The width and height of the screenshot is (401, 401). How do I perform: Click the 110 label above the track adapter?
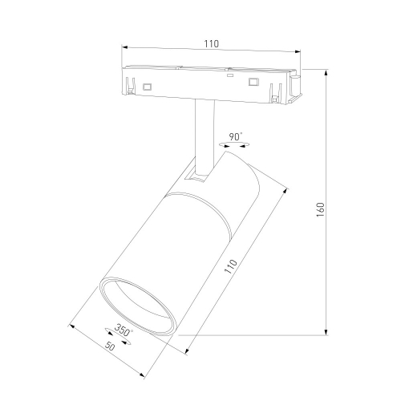pos(212,43)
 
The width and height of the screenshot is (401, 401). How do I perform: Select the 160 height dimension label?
pos(320,209)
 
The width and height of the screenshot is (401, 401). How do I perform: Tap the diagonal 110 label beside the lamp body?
pos(231,266)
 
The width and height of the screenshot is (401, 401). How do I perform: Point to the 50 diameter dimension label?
pos(110,346)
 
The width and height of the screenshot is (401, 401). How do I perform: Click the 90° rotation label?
pos(235,136)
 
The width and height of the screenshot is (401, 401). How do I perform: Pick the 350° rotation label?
pos(124,330)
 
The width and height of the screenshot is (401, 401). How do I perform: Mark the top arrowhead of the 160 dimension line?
pos(326,73)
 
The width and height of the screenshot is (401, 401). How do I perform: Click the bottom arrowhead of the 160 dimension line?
pos(326,331)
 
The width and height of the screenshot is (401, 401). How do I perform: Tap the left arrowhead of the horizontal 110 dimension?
pos(125,47)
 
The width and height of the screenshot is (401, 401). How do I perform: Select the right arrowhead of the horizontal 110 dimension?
pos(298,52)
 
